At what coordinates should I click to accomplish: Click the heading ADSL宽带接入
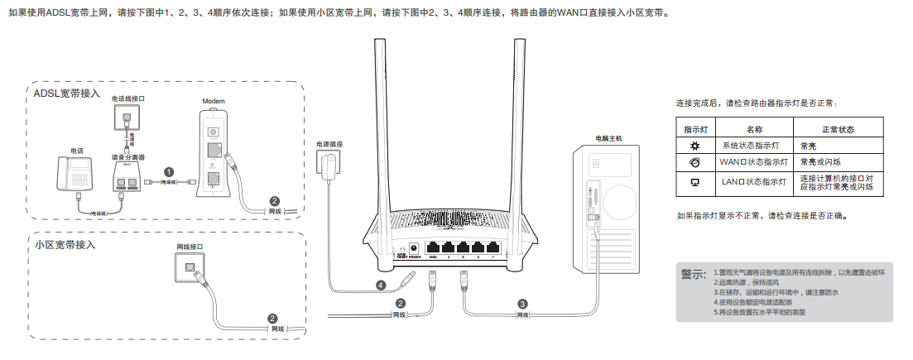pyautogui.click(x=67, y=94)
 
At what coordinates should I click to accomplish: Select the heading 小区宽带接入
pyautogui.click(x=65, y=245)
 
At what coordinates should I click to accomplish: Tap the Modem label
pyautogui.click(x=214, y=101)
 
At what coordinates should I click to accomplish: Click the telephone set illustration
pyautogui.click(x=78, y=173)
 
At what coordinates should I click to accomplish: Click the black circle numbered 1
pyautogui.click(x=169, y=172)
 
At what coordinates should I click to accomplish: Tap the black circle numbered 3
pyautogui.click(x=522, y=303)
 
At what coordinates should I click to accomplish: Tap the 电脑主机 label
pyautogui.click(x=608, y=137)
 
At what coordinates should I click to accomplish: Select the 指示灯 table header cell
pyautogui.click(x=695, y=130)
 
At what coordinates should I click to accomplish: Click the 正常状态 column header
pyautogui.click(x=838, y=130)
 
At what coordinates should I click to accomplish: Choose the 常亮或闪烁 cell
pyautogui.click(x=819, y=161)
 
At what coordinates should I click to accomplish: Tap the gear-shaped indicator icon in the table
pyautogui.click(x=695, y=146)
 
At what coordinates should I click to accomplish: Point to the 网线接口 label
pyautogui.click(x=190, y=247)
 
